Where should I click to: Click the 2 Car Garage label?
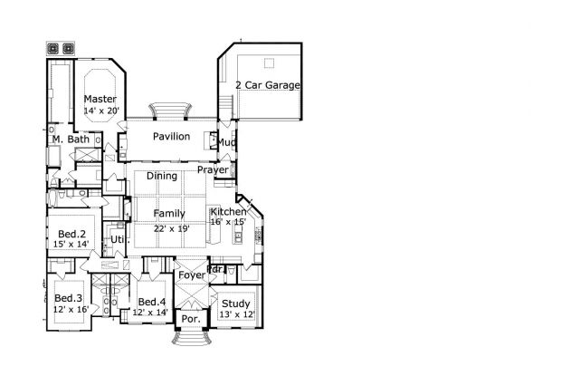(268, 85)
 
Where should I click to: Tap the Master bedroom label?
(100, 99)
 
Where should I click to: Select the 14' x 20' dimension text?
(101, 111)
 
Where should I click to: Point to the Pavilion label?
(171, 137)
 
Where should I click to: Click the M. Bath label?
(71, 140)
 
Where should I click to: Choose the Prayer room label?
(213, 170)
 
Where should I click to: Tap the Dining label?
(162, 176)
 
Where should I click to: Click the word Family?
(169, 214)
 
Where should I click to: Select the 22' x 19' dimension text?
(172, 228)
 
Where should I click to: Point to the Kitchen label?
(228, 211)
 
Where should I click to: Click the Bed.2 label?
(71, 234)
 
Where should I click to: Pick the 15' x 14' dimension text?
(71, 245)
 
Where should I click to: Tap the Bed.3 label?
(69, 298)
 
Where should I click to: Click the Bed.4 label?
(152, 302)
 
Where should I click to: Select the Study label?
(236, 304)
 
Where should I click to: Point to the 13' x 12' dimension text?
(237, 314)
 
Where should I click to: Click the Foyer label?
(192, 275)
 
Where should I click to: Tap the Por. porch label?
(191, 319)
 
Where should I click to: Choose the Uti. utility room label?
(118, 239)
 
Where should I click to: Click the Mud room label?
(226, 142)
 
